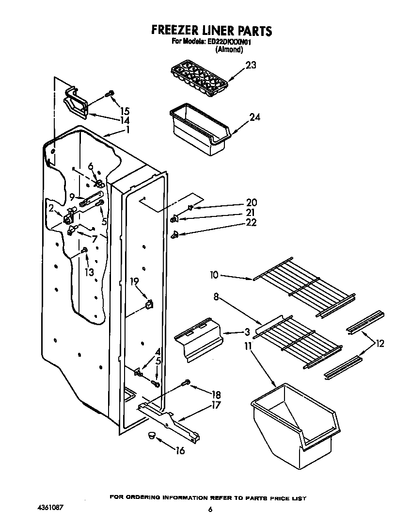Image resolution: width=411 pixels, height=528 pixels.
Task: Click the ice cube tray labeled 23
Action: point(199,79)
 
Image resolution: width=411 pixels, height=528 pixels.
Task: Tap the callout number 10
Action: point(214,275)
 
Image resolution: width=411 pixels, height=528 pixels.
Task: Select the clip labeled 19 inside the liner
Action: point(149,304)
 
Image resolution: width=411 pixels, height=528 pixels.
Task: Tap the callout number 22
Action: point(251,222)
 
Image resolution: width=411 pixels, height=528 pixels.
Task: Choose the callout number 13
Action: point(89,272)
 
